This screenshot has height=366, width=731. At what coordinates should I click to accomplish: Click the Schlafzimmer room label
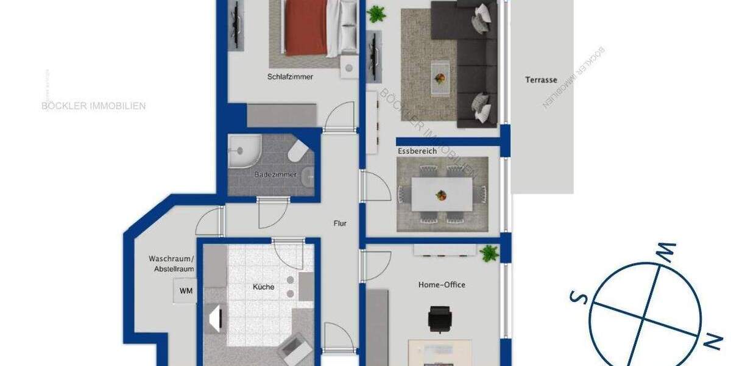pos(290,77)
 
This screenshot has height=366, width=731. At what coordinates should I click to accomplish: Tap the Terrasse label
pos(541,80)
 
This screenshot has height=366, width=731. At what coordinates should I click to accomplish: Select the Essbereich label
pos(417,151)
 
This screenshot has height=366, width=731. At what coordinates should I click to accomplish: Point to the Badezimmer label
pos(275,174)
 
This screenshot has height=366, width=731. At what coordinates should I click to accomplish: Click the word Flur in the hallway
pos(340,224)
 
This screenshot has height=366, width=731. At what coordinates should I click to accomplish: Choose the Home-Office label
pos(442,285)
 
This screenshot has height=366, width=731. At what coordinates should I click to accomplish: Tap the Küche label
pos(264,287)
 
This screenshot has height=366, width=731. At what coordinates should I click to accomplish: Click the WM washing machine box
pos(186,291)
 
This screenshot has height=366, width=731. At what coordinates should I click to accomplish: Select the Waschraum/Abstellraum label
pos(171,264)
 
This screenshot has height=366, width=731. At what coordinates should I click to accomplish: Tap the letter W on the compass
pos(666,250)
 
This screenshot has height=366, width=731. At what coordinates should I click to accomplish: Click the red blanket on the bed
pos(306,27)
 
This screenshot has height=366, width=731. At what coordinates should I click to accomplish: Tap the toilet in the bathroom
pos(298,152)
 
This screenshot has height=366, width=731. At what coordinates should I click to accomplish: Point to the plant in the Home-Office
pos(489,253)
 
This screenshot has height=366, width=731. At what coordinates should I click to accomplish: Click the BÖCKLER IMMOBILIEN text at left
pos(93,106)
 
